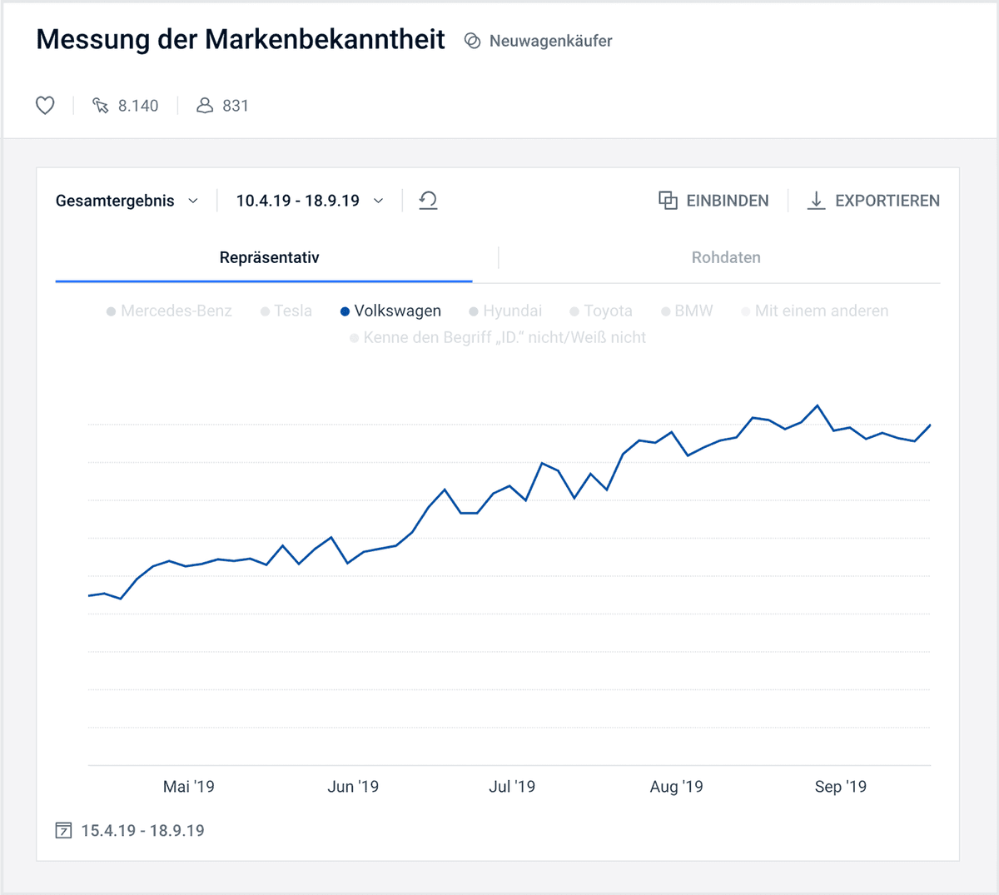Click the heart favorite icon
(45, 106)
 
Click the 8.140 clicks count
(137, 106)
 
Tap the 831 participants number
(235, 106)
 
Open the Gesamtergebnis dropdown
(127, 201)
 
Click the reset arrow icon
(428, 201)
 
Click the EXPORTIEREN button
(873, 201)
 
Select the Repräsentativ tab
(269, 258)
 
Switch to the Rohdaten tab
(726, 258)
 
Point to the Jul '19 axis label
(512, 787)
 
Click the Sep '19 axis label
(840, 787)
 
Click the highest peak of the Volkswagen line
(818, 405)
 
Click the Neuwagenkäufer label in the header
(550, 41)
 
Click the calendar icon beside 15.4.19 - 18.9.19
(63, 831)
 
